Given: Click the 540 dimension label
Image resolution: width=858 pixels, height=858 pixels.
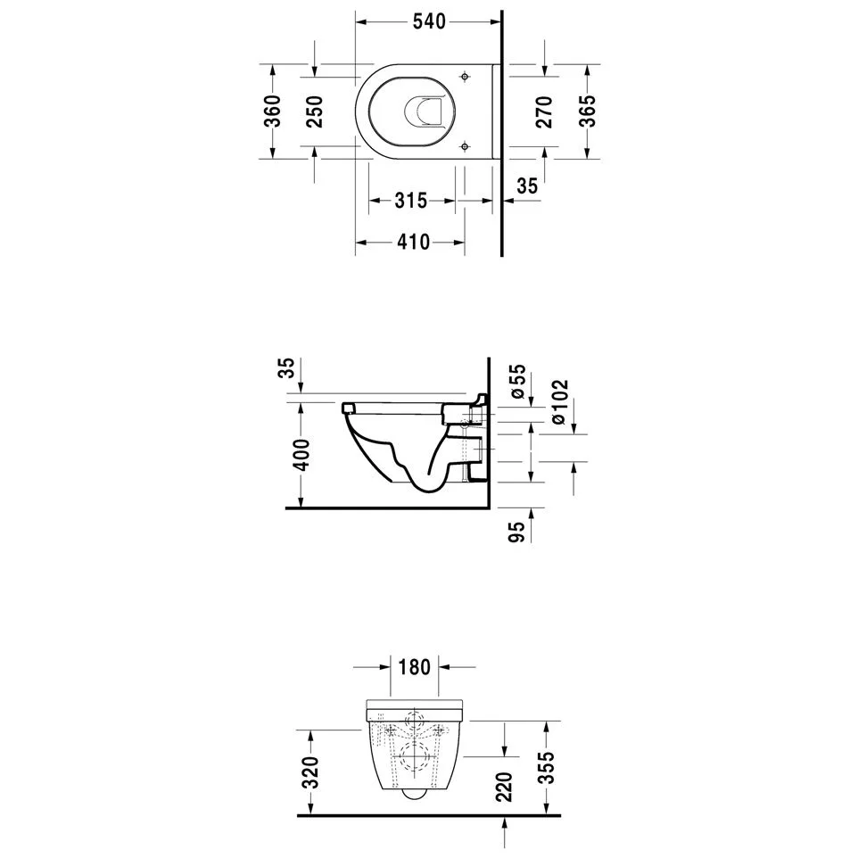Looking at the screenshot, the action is point(429,22).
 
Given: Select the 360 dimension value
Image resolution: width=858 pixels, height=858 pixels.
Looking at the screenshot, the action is point(273,111).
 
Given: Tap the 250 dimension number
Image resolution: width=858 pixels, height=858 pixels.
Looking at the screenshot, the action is point(314,111).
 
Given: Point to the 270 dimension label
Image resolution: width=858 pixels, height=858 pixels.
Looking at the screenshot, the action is point(544,111).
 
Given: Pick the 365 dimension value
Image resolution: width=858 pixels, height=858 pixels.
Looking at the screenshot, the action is point(588,111).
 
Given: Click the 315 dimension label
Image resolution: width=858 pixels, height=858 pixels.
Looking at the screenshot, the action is point(410,201).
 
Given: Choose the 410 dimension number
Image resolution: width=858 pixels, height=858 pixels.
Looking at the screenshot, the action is point(413,242).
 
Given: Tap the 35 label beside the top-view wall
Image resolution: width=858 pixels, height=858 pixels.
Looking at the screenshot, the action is point(527,186).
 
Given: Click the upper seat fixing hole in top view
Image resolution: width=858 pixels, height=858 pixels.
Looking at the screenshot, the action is point(465,76).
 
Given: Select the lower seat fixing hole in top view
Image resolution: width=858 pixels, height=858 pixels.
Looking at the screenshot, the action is point(465,146).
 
